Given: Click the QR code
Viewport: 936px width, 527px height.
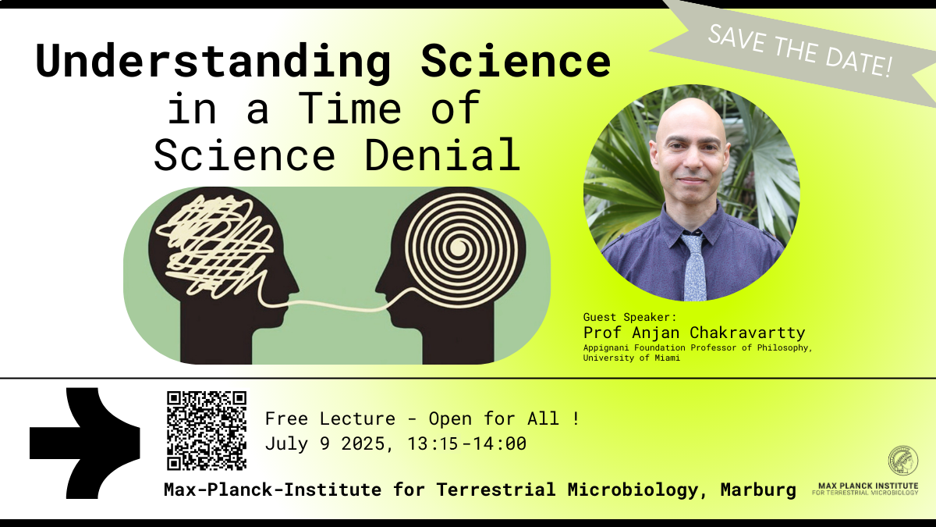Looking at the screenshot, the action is click(x=207, y=431).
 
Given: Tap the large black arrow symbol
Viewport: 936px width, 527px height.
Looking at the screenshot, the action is click(x=85, y=443).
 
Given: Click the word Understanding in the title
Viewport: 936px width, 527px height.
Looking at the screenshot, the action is click(x=214, y=62).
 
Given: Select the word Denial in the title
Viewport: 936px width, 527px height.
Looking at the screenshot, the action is click(x=443, y=155).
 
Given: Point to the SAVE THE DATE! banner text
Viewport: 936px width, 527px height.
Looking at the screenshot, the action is click(x=800, y=51).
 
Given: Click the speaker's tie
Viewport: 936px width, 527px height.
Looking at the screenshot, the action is click(x=693, y=266).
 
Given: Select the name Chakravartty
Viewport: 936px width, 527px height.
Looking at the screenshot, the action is click(x=747, y=333).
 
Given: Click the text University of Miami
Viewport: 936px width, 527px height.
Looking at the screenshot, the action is click(x=631, y=358).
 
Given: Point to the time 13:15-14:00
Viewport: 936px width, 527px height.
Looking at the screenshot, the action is click(x=466, y=443).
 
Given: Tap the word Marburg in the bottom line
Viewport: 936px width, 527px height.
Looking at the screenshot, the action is click(x=758, y=490).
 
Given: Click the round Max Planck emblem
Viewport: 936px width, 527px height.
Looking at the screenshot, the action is click(x=903, y=461).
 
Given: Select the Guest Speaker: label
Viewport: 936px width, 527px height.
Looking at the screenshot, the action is click(x=629, y=317).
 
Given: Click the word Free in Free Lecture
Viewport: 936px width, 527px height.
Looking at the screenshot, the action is click(x=287, y=418).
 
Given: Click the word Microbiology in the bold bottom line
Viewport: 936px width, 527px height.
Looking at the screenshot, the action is click(x=633, y=490).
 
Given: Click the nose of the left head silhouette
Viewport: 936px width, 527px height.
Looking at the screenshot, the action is click(x=293, y=287).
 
